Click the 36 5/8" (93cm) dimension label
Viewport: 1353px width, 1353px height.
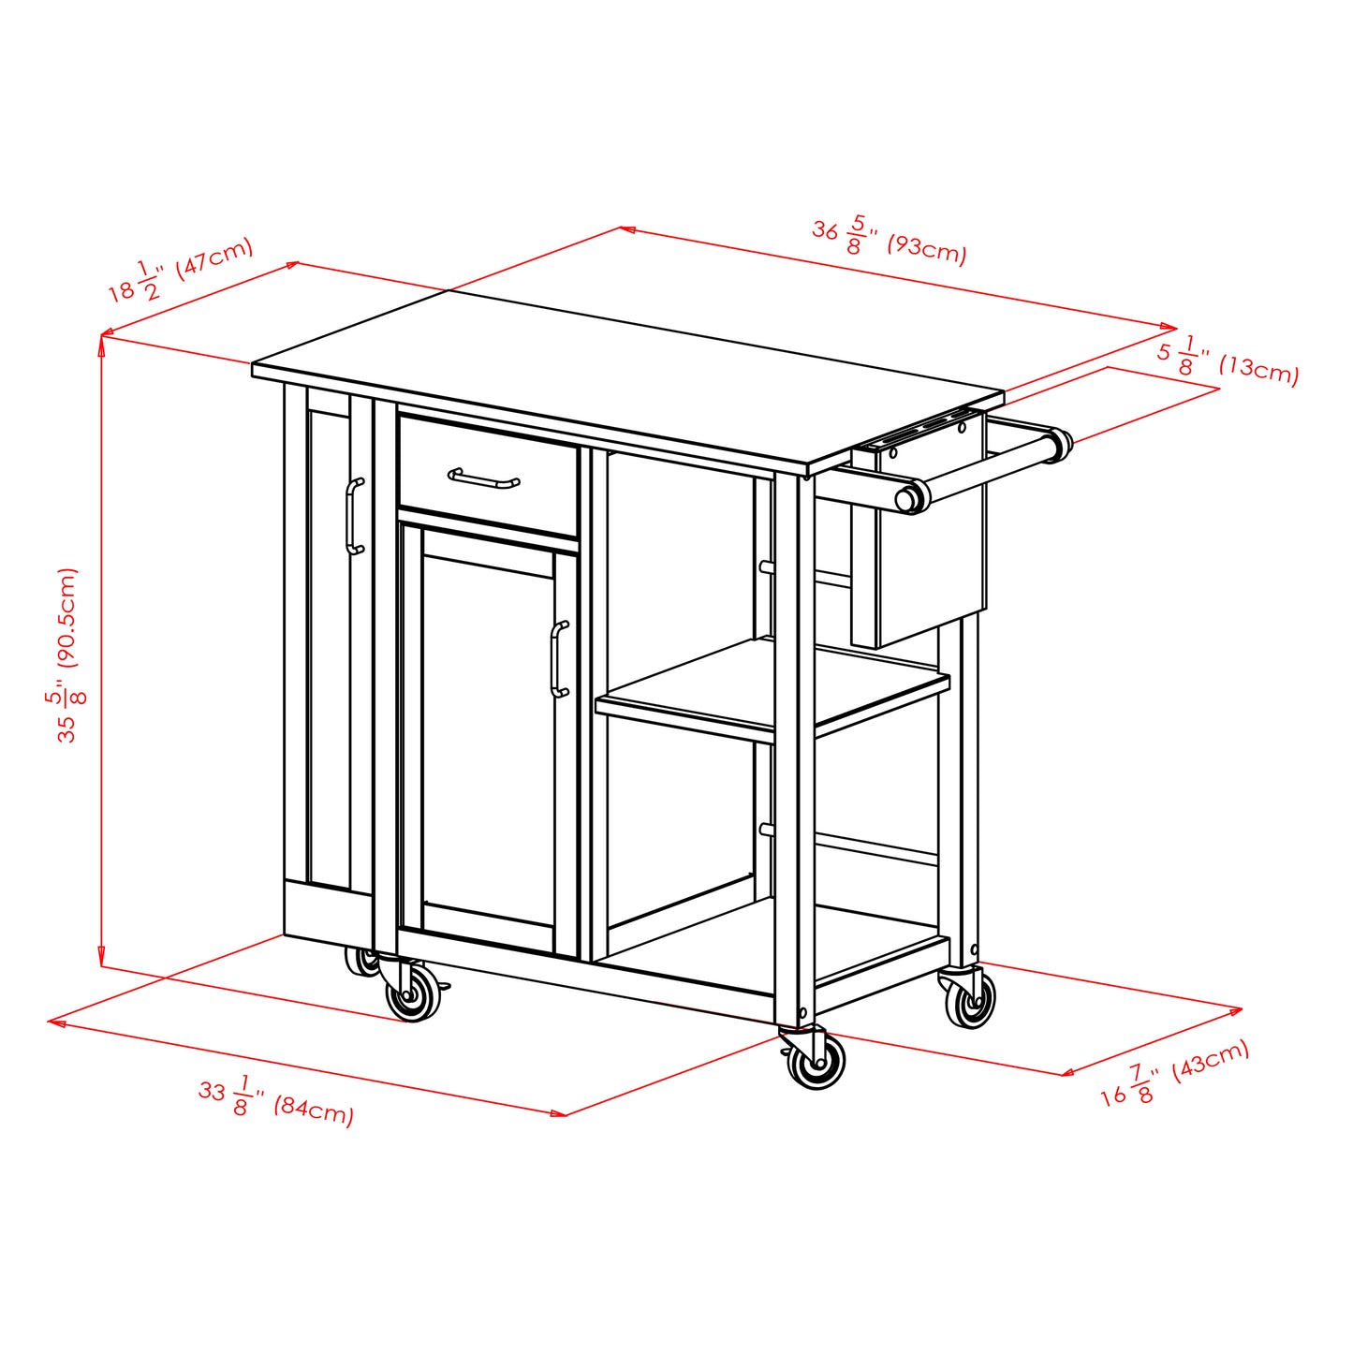pyautogui.click(x=888, y=240)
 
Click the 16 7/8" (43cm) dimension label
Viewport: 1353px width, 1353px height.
pyautogui.click(x=1174, y=1073)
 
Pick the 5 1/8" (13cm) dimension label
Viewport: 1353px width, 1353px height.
pyautogui.click(x=1228, y=360)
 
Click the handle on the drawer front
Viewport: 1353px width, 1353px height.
pyautogui.click(x=483, y=479)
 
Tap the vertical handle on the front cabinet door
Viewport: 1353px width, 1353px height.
pyautogui.click(x=560, y=659)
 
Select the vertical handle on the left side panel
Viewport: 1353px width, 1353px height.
pyautogui.click(x=354, y=516)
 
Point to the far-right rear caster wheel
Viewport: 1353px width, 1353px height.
pyautogui.click(x=970, y=1002)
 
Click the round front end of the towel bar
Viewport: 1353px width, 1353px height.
pyautogui.click(x=908, y=497)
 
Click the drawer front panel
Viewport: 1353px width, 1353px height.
pyautogui.click(x=487, y=478)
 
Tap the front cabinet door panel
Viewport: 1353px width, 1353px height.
pyautogui.click(x=487, y=740)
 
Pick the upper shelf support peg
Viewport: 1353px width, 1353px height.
pyautogui.click(x=765, y=567)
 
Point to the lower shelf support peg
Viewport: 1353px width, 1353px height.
pyautogui.click(x=765, y=830)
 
